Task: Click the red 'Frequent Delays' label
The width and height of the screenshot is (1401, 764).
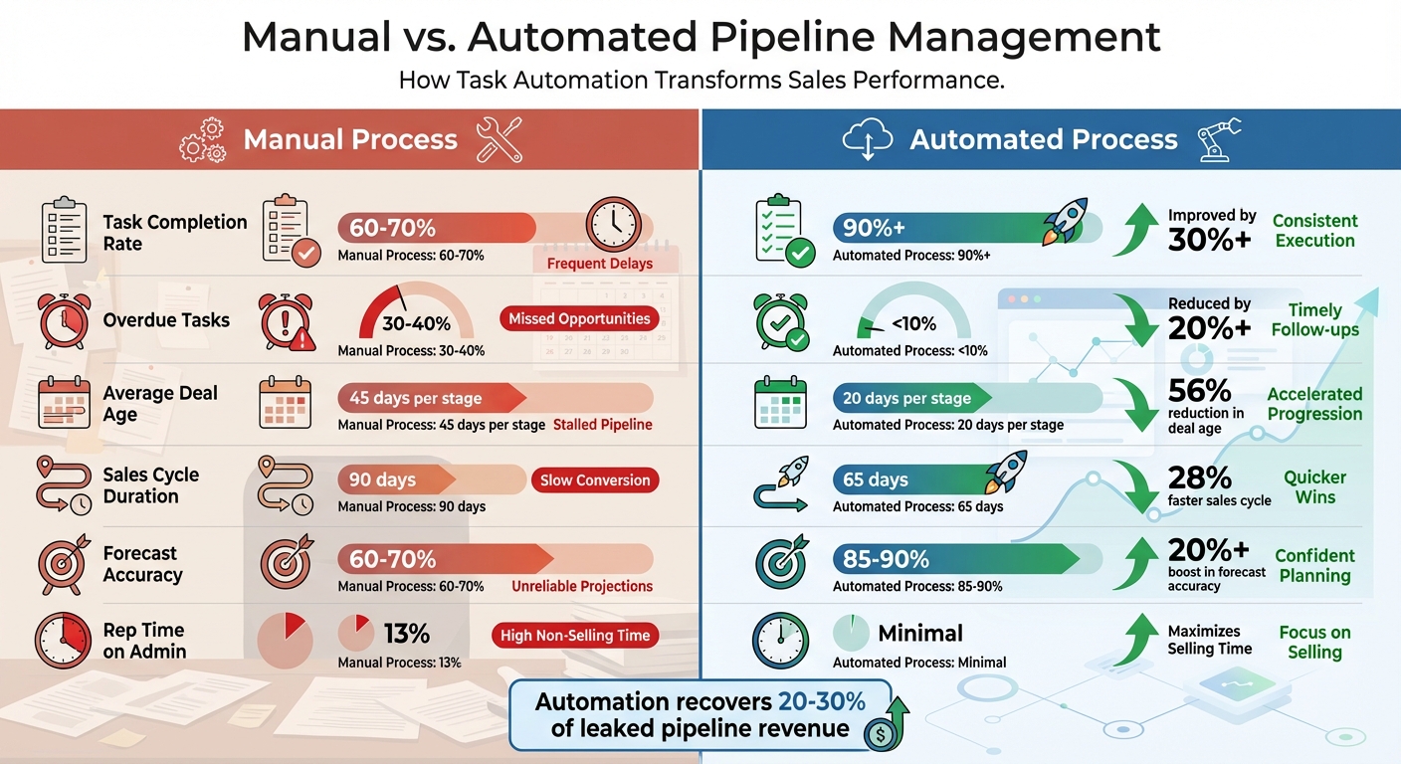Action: pyautogui.click(x=599, y=264)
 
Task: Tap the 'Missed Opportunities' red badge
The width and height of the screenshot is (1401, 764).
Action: pyautogui.click(x=579, y=319)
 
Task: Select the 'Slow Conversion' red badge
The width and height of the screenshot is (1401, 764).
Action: pyautogui.click(x=594, y=480)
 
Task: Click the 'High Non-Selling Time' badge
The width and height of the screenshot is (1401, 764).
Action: pyautogui.click(x=575, y=636)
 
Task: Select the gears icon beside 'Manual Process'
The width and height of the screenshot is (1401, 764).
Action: pyautogui.click(x=202, y=140)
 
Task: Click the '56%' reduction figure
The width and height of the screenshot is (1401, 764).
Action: pyautogui.click(x=1200, y=390)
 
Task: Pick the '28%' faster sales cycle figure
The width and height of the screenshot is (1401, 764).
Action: pyautogui.click(x=1200, y=477)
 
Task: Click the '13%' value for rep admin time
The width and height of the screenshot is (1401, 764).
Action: pyautogui.click(x=406, y=634)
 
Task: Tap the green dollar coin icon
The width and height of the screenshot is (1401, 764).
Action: pyautogui.click(x=879, y=736)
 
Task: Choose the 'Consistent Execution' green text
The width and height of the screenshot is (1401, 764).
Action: pyautogui.click(x=1314, y=231)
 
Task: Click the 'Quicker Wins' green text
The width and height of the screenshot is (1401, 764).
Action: pyautogui.click(x=1314, y=487)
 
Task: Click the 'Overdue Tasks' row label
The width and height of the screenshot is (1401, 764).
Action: pyautogui.click(x=166, y=320)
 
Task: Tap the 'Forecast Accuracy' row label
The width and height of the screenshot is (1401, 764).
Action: pyautogui.click(x=142, y=564)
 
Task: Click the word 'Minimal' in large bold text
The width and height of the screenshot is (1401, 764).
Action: pyautogui.click(x=920, y=634)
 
